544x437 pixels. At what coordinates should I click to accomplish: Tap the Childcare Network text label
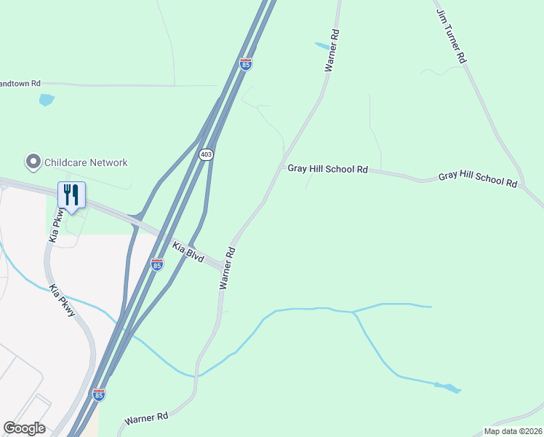86,162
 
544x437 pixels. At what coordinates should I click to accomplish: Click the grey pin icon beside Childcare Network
32,161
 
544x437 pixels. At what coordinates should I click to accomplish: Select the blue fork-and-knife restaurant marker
71,195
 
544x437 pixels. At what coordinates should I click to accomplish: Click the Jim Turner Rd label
450,35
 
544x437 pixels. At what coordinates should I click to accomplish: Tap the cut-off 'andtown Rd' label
20,84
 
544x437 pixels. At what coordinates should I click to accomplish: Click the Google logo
24,428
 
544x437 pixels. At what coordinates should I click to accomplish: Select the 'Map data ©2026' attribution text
513,431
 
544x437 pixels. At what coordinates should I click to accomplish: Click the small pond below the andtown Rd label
47,99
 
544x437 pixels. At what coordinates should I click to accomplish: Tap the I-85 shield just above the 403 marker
246,64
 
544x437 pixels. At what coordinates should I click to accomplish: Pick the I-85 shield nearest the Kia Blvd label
157,264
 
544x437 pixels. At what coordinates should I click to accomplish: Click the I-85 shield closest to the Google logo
99,395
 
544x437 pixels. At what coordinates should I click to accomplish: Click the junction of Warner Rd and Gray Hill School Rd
282,168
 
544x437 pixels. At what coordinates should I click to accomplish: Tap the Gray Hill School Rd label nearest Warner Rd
327,169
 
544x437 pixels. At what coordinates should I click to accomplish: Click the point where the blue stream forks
353,312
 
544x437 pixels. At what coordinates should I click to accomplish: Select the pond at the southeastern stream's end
448,387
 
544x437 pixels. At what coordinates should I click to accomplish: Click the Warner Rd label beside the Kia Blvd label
228,268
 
